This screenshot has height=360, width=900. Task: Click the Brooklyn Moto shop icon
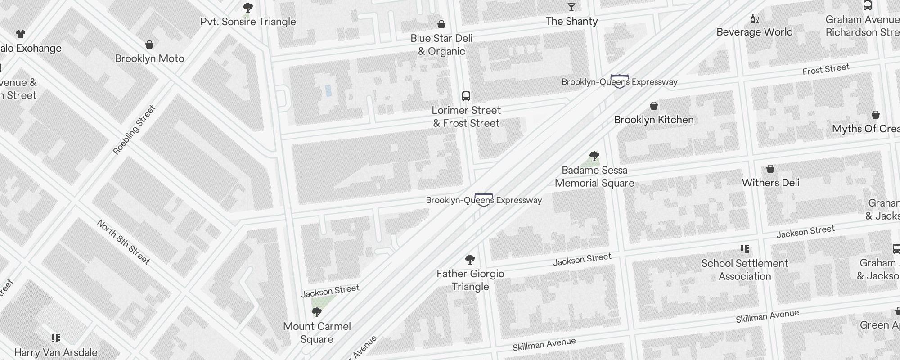tap(149, 45)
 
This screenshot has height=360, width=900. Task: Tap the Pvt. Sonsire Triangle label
tap(248, 22)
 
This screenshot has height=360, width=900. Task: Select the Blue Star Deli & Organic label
tap(441, 45)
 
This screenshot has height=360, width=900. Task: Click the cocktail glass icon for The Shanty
tap(571, 7)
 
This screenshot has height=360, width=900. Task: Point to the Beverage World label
tap(754, 32)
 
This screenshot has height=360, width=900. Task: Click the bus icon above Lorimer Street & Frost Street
tap(466, 96)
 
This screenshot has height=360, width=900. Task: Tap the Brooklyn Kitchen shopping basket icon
tap(654, 106)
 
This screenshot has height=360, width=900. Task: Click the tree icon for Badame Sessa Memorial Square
tap(594, 156)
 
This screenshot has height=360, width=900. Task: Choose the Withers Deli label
tap(770, 183)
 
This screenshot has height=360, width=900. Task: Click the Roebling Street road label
tap(134, 130)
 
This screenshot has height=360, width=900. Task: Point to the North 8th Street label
tap(123, 242)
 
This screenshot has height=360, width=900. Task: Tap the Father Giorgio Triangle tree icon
tap(470, 260)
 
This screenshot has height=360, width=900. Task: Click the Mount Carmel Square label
tap(317, 333)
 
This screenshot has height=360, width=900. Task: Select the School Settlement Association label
tap(745, 270)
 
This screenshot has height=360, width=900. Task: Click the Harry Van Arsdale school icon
tap(56, 338)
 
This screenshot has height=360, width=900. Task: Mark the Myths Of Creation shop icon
tap(875, 115)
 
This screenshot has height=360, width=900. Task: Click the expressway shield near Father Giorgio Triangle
tap(484, 199)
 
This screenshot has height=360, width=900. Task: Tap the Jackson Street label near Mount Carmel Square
tap(330, 291)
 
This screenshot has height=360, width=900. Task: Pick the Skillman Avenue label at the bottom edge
tap(544, 345)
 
